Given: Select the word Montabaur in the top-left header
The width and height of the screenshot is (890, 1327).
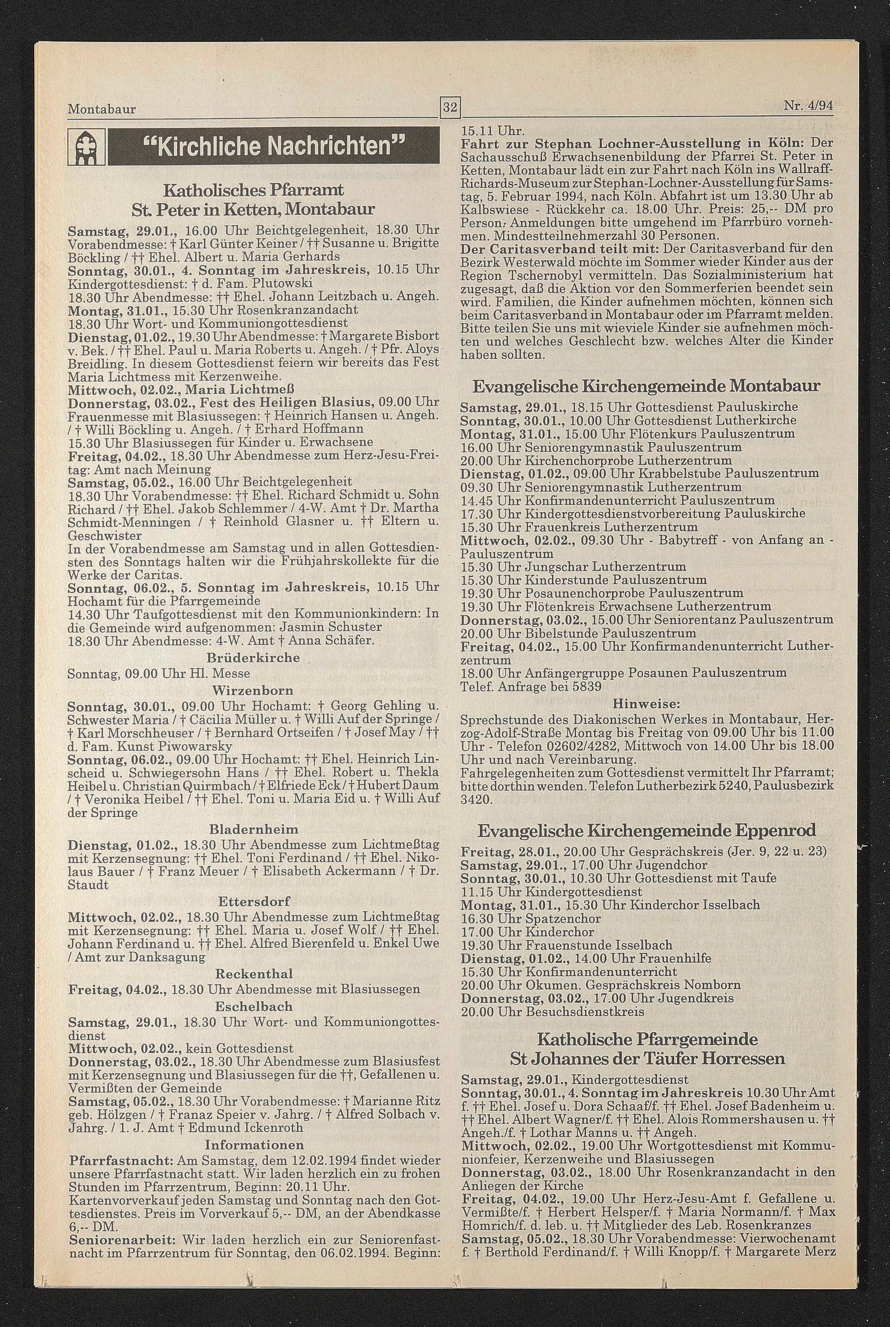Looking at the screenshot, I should point(101,109).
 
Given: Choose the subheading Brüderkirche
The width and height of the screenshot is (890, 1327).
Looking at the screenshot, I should point(253,658).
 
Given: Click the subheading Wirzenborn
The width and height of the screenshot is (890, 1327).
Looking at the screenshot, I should point(253,690).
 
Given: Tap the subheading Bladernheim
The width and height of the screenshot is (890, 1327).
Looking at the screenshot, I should point(253,830).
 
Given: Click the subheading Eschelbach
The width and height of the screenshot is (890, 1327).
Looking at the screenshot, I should point(253,1006).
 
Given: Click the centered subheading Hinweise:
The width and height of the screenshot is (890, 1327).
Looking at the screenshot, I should point(646,703).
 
